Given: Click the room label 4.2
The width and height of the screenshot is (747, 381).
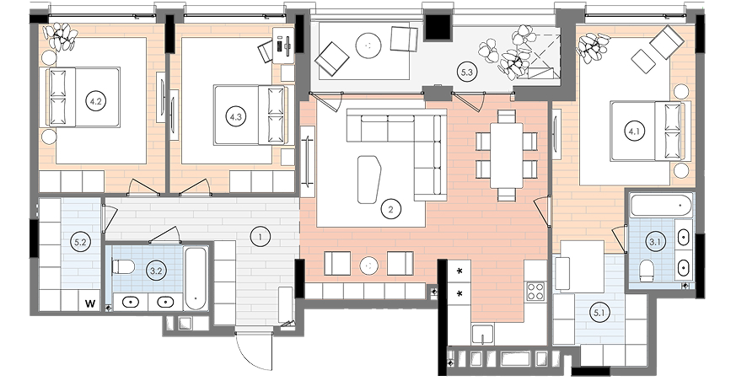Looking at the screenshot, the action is click(96, 101).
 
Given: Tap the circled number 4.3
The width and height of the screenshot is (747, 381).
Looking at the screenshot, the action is click(236, 116).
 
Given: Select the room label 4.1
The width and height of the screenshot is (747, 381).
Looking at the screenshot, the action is click(634, 131).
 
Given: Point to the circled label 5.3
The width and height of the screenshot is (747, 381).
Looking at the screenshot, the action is click(466, 72).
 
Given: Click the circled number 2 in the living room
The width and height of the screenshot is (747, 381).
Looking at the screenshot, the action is click(391, 208).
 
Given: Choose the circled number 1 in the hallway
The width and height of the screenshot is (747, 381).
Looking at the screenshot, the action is click(261, 236).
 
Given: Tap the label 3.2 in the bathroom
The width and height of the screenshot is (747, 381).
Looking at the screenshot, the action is click(156, 271).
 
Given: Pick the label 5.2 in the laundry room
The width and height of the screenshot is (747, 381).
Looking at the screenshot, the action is click(80, 242).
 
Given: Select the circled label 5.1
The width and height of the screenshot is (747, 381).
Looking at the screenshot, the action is click(599, 313).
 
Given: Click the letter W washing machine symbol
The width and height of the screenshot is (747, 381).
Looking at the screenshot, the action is click(90, 303).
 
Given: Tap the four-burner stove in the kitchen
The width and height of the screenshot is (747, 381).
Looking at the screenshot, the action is click(535, 291).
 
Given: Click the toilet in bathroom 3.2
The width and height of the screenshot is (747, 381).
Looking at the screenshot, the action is click(123, 266).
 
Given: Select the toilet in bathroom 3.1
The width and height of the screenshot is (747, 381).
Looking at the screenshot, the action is click(647, 270).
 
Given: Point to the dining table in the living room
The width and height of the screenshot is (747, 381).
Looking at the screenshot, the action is click(507, 155).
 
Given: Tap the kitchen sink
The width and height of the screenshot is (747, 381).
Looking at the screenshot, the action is click(482, 334).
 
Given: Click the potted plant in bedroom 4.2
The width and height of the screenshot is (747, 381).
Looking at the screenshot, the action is click(60, 37).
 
